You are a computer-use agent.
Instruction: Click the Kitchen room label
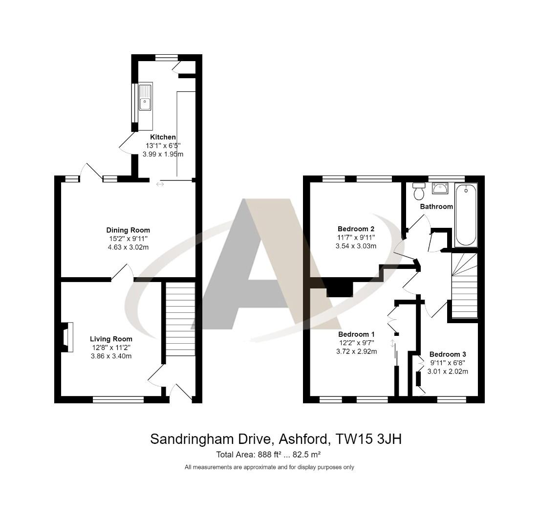pyautogui.click(x=163, y=137)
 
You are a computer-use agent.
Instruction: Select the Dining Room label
pyautogui.click(x=128, y=230)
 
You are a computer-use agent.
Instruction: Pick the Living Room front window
pyautogui.click(x=118, y=399)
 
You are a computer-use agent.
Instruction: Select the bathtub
pyautogui.click(x=465, y=215)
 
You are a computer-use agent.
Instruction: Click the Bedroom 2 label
pyautogui.click(x=356, y=229)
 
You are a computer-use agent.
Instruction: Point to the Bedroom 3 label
pyautogui.click(x=448, y=354)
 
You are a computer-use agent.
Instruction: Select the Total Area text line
pyautogui.click(x=268, y=455)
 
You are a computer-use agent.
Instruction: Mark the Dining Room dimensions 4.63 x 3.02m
pyautogui.click(x=128, y=247)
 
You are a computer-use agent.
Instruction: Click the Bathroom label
pyautogui.click(x=436, y=207)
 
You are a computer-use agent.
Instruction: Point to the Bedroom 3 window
pyautogui.click(x=452, y=399)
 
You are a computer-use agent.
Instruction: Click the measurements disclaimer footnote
pyautogui.click(x=269, y=467)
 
